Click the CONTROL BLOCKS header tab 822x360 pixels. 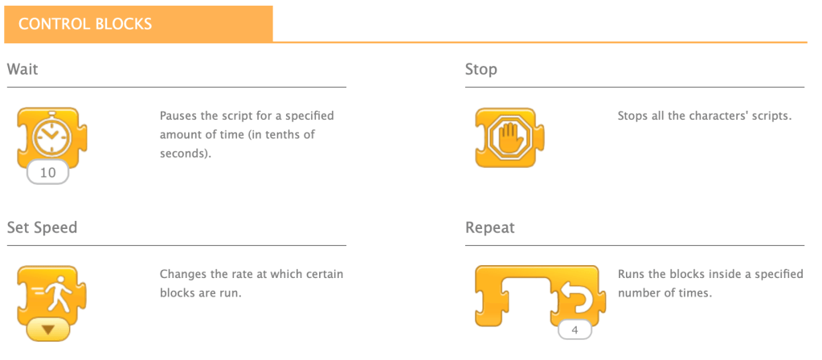coord(85,24)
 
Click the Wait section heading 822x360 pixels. coord(22,69)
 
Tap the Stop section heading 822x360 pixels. coord(481,69)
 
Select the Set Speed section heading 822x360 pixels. coord(43,227)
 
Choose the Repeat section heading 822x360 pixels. coord(490,227)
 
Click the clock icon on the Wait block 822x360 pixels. coord(51,136)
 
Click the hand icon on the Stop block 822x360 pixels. coord(509,137)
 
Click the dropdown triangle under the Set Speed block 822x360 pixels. coord(47,329)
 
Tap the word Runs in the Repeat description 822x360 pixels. coord(632,274)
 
